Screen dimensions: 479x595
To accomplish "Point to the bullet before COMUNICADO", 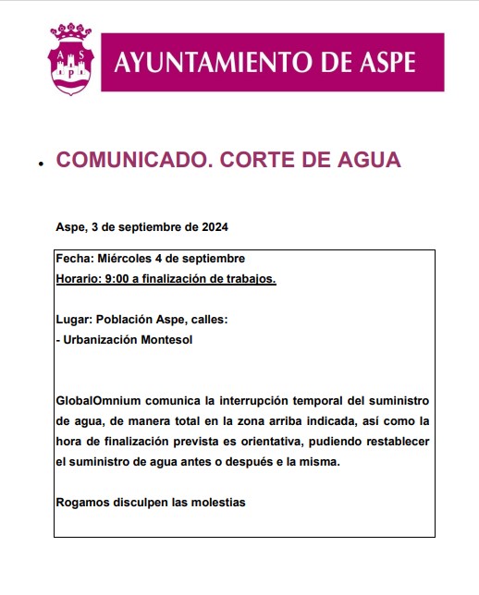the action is coord(41,164).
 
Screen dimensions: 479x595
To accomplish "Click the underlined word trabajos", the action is coord(250,278).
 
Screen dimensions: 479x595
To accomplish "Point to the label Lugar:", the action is coord(74,319).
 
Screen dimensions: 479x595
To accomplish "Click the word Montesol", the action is coord(166,339).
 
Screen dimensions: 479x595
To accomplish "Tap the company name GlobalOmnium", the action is coord(94,401).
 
